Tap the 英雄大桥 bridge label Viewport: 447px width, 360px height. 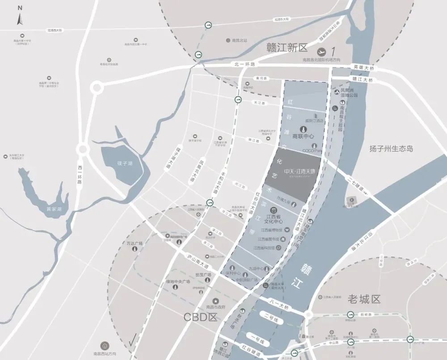[x=363, y=67]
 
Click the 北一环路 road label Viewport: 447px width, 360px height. [x=245, y=64]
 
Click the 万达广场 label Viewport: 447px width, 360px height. [x=134, y=244]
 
